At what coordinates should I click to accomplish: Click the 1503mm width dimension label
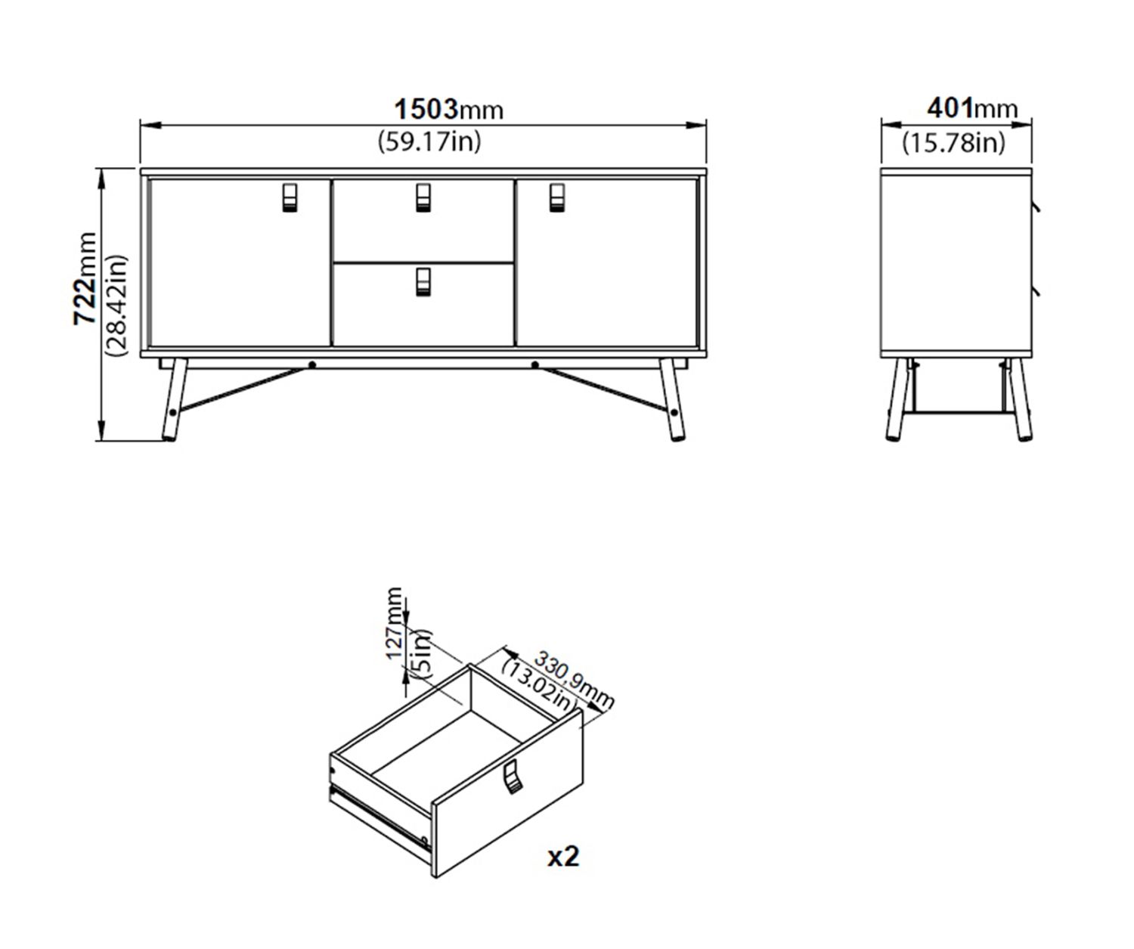448,109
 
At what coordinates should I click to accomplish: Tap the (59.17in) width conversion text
429,142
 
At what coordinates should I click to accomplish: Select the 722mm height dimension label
85,279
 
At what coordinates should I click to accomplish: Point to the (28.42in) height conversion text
116,305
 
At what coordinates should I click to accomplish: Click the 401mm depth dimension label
972,108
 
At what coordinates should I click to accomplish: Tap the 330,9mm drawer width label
575,680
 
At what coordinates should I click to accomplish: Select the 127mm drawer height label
395,623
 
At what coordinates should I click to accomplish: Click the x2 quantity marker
563,857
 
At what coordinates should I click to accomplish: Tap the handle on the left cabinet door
290,197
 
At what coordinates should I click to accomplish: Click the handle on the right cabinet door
557,197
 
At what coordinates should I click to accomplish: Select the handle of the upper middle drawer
423,197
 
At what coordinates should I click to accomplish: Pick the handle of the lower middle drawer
423,282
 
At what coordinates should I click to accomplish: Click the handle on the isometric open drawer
512,777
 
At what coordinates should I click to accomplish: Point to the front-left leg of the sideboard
174,399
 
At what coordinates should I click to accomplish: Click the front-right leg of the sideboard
673,399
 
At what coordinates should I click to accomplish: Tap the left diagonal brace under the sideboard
242,389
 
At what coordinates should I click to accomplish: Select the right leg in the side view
1019,399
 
